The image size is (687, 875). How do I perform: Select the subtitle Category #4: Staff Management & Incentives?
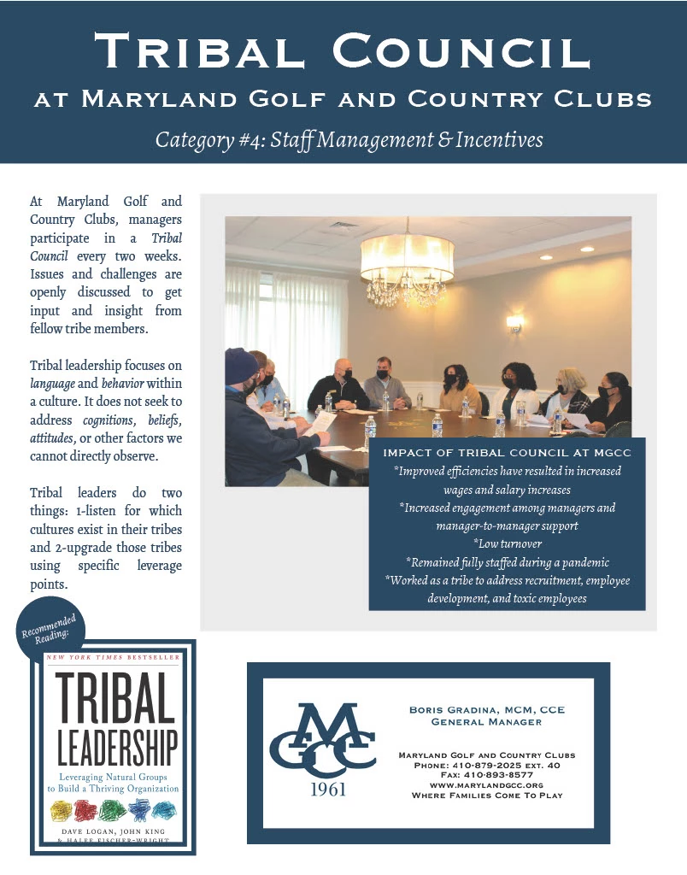349,138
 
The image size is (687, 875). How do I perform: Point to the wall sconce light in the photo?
514,323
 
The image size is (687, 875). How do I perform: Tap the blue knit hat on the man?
242,367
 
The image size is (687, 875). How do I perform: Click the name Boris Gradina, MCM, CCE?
487,710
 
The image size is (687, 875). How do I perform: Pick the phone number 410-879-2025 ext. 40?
490,766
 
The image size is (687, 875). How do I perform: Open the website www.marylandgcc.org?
487,784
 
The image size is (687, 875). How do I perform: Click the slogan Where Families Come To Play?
487,795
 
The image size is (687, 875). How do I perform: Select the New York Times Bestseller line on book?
113,657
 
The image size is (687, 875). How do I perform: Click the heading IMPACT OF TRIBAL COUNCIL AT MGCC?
507,452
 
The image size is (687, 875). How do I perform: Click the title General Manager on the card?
487,722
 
